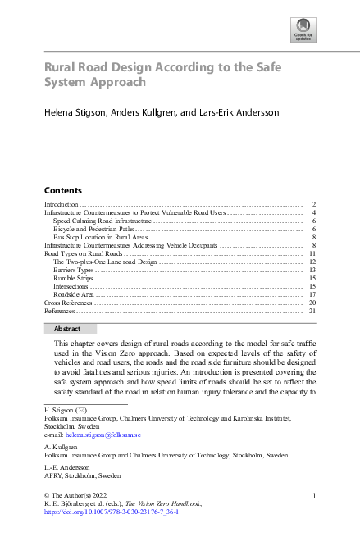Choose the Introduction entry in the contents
pos(62,204)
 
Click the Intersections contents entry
pos(71,286)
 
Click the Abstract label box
pos(67,328)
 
